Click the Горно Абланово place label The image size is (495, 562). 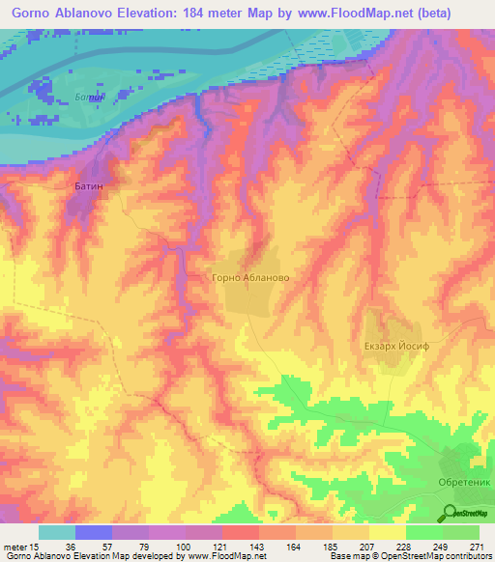click(x=249, y=277)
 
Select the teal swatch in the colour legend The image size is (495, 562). click(x=57, y=532)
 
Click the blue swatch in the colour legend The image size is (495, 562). click(x=94, y=532)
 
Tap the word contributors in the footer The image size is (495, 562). click(x=463, y=556)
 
